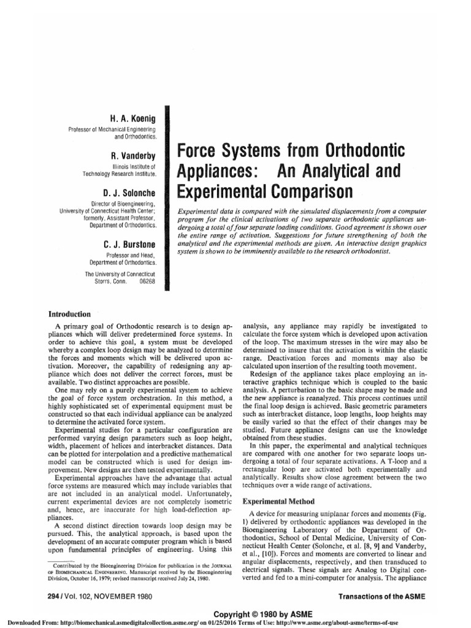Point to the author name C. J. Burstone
point(129,245)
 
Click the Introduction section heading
point(71,314)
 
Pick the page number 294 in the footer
point(47,595)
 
